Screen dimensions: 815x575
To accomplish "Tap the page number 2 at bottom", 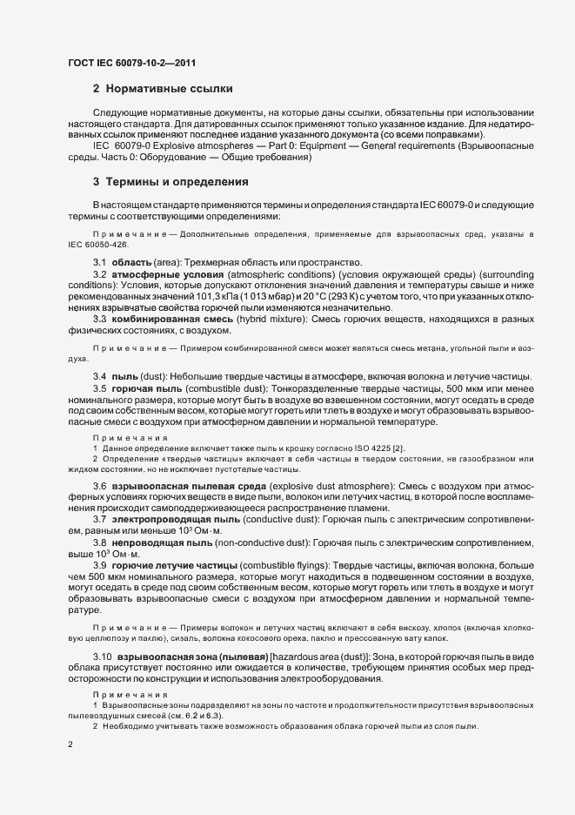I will (x=70, y=745).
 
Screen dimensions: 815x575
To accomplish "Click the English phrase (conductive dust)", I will (x=272, y=518).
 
